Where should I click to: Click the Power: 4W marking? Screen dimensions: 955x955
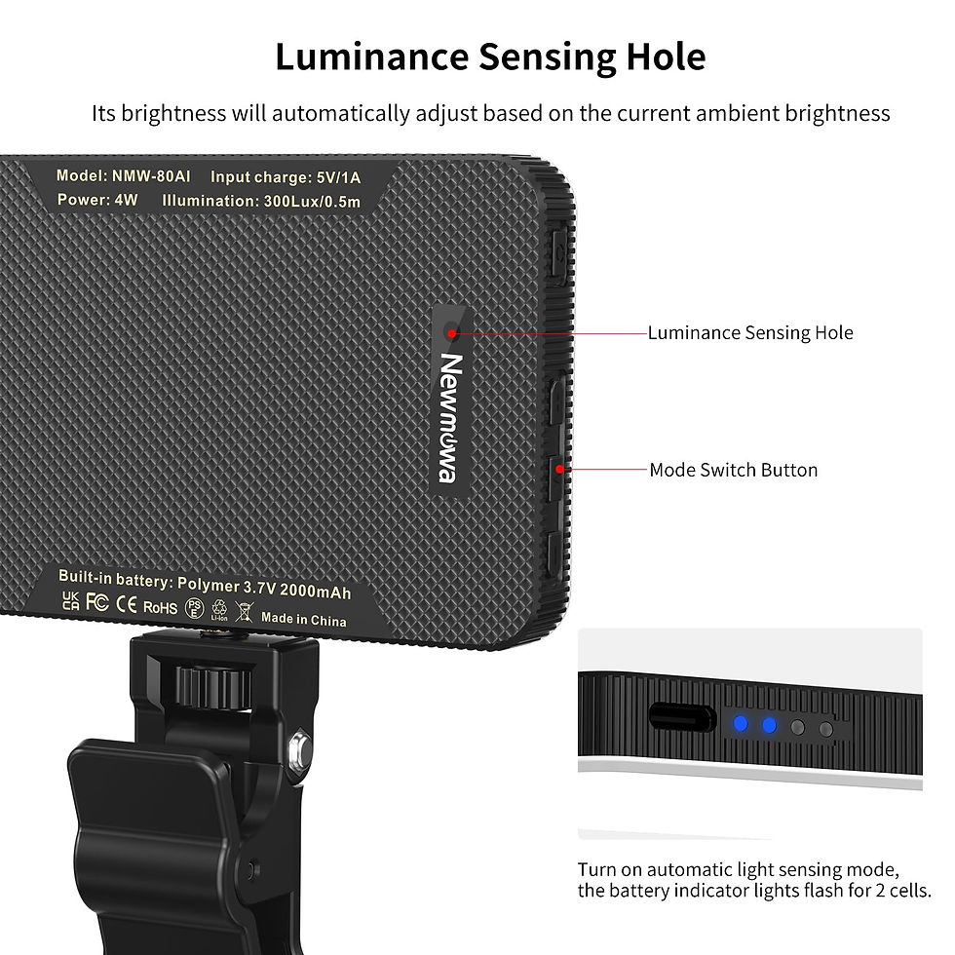pos(97,200)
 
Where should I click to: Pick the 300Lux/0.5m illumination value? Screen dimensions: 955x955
pos(312,202)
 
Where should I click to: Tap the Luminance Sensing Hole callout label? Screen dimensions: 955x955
pos(750,333)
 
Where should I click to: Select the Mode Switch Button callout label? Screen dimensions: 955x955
pos(733,470)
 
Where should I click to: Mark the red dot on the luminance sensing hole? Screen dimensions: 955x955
pos(452,333)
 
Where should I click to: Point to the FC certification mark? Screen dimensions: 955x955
pos(96,601)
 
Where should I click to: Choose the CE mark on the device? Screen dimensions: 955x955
pos(126,603)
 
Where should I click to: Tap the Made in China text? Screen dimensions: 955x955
pos(303,619)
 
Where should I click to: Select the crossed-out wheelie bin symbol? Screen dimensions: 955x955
pos(244,613)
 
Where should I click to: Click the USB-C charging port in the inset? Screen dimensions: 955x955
pos(682,719)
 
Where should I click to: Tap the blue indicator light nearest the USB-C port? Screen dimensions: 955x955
pos(741,724)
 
